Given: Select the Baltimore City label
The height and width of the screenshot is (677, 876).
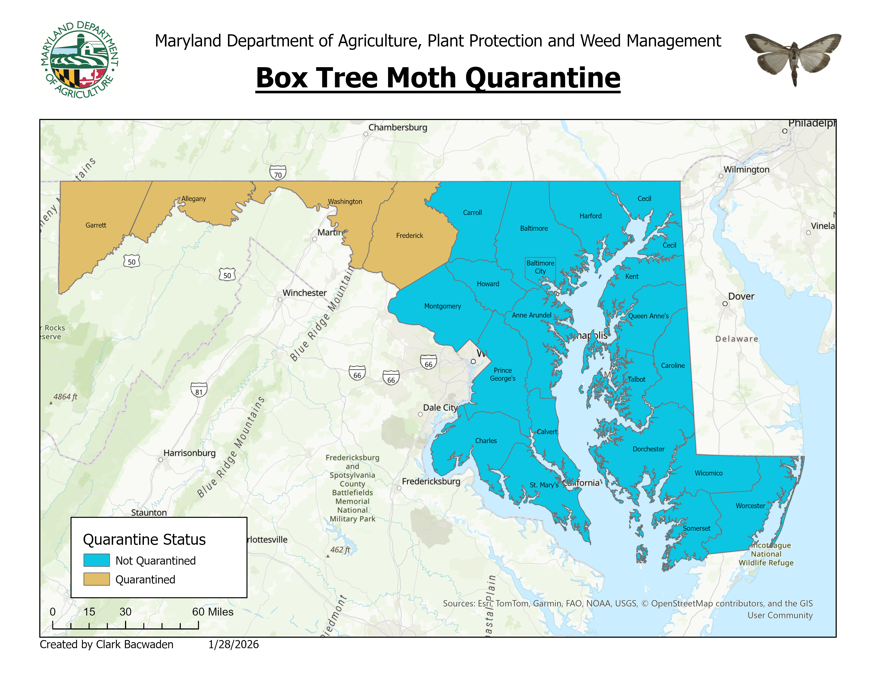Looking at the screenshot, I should [x=540, y=267].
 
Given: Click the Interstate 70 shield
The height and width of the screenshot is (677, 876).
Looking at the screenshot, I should [x=278, y=173].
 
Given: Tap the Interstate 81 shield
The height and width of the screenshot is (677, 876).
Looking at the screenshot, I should [x=199, y=390].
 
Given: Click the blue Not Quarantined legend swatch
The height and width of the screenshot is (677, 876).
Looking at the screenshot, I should [x=96, y=560].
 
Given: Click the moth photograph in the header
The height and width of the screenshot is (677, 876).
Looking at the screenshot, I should [x=793, y=58].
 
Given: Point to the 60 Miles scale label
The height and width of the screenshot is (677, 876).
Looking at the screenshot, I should [x=213, y=612].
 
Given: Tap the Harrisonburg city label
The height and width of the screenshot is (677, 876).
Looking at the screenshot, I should [x=189, y=453].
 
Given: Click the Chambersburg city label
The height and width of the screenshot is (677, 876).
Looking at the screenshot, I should [x=397, y=127].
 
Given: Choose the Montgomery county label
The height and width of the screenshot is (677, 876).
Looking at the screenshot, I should [x=443, y=306].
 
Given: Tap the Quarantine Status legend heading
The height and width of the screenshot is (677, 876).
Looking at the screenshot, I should [x=144, y=540].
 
